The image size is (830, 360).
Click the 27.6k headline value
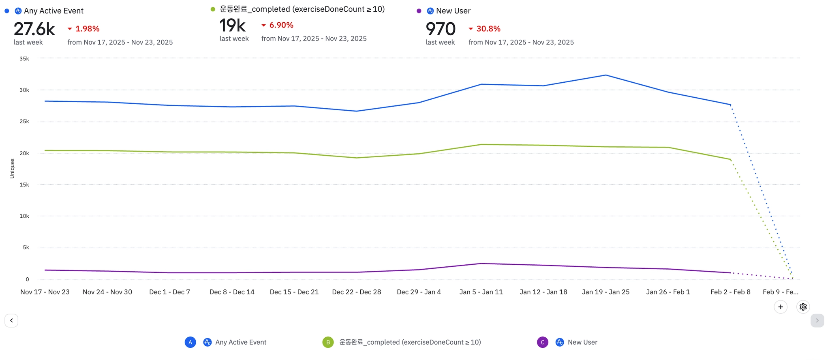click(x=34, y=29)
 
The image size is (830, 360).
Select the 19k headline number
click(x=233, y=26)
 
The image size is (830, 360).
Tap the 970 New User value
click(x=441, y=29)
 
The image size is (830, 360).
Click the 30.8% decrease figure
click(x=488, y=29)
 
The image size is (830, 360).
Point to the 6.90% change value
click(x=281, y=25)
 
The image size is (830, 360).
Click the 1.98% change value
click(x=87, y=29)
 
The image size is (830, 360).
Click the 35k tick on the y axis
click(x=24, y=59)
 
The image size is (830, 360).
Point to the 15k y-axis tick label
click(x=24, y=185)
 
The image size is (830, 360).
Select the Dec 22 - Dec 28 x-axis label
click(x=357, y=292)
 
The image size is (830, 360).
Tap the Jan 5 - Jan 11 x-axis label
click(x=481, y=292)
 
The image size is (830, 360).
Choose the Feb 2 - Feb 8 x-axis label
click(x=730, y=292)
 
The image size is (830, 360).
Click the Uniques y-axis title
click(x=12, y=168)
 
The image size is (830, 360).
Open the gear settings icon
click(x=803, y=307)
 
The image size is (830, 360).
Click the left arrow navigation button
click(x=11, y=320)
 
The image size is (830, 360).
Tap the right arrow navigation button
click(x=817, y=320)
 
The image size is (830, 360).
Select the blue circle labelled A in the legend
click(x=190, y=342)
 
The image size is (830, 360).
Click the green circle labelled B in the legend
click(x=328, y=342)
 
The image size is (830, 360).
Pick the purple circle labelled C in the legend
click(x=543, y=342)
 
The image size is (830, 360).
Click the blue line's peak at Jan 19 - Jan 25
click(x=606, y=75)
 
